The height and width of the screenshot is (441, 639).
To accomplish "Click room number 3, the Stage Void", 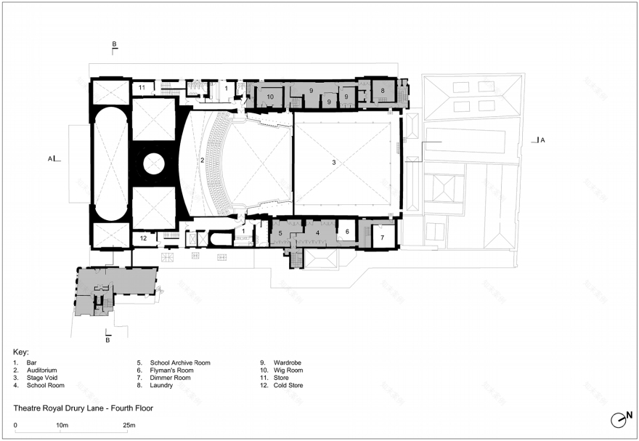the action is (x=334, y=162).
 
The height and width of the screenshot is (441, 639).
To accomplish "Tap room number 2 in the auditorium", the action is (x=202, y=160).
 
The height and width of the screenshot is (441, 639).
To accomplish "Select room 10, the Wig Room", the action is (x=270, y=97).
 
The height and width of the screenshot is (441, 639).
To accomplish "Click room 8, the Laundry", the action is (x=383, y=91).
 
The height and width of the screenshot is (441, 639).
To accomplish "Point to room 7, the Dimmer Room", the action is (x=382, y=238).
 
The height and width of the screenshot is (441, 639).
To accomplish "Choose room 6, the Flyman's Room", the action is (x=347, y=232).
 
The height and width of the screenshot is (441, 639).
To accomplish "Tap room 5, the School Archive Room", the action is (x=280, y=233).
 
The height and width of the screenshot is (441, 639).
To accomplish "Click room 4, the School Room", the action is (x=318, y=233).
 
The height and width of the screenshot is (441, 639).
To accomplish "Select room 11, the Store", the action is (x=142, y=88).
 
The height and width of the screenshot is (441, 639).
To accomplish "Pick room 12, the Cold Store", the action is (x=143, y=238).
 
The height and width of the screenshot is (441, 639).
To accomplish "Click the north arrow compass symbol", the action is (x=621, y=419).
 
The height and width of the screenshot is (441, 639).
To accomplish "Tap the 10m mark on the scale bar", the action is (x=62, y=425).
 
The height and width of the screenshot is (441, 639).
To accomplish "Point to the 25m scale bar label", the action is (x=129, y=425).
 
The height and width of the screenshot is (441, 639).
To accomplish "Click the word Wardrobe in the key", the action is (x=288, y=363).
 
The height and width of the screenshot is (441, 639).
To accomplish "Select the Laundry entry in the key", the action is (x=161, y=385).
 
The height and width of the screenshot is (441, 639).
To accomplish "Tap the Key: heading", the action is (x=21, y=352).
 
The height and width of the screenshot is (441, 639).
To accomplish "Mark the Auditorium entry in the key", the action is (x=42, y=370).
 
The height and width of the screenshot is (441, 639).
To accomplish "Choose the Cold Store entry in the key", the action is (x=288, y=385).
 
